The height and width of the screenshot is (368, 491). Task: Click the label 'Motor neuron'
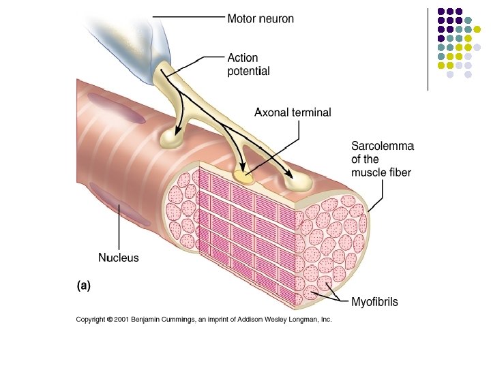point(261,19)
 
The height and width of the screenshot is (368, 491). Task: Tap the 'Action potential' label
point(248,65)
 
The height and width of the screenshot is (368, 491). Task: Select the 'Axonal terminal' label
point(293,112)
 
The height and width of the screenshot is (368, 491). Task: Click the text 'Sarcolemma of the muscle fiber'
point(381,159)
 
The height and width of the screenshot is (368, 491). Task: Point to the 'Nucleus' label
point(119,258)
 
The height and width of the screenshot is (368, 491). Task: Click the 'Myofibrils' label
point(374,301)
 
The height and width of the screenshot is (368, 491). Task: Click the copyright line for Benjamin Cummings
point(203,319)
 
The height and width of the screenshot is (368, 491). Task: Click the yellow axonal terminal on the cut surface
point(243,176)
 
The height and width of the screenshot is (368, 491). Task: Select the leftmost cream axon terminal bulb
point(171,140)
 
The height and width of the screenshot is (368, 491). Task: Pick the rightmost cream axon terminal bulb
point(298,181)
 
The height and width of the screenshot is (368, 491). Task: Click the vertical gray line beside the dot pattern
point(428,48)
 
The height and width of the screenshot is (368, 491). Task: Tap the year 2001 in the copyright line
point(121,319)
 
